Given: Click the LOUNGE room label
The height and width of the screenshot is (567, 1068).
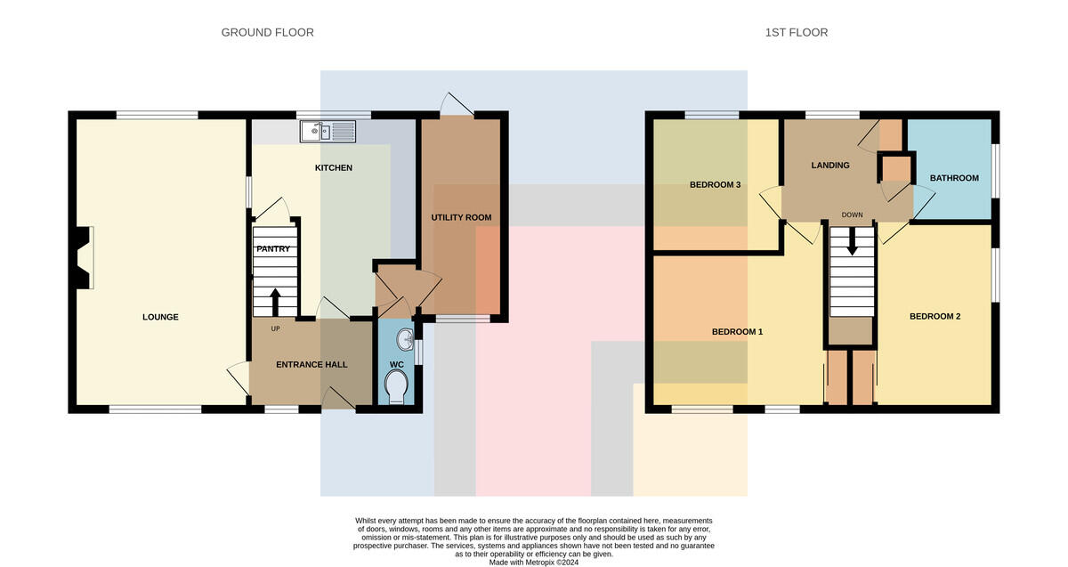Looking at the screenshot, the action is click(x=160, y=317).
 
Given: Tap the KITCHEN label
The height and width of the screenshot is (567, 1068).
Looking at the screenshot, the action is click(x=333, y=168).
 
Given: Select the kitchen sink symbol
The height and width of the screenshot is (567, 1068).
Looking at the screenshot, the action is click(x=328, y=131).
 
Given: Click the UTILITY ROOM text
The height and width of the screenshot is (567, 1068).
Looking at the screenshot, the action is click(x=461, y=217).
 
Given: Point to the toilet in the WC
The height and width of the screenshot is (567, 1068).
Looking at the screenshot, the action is click(x=396, y=387).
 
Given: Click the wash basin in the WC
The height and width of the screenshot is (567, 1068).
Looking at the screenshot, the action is click(x=405, y=339).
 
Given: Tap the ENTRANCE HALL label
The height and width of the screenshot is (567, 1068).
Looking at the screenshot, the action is click(x=311, y=365).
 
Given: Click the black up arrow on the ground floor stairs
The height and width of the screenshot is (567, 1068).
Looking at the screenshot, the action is click(x=275, y=302).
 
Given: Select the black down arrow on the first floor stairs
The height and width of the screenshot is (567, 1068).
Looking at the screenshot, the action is click(x=852, y=241).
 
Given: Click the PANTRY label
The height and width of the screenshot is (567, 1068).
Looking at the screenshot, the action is click(x=273, y=249).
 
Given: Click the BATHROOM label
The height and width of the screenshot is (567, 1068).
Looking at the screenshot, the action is click(x=954, y=178).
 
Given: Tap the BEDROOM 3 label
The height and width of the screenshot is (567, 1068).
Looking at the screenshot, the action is click(x=716, y=185).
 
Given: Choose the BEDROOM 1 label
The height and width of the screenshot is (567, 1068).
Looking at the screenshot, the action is click(x=737, y=332).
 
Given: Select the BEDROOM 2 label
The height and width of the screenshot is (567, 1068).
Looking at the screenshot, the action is click(x=935, y=317).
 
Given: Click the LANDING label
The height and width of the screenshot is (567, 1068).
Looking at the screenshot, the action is click(x=830, y=166).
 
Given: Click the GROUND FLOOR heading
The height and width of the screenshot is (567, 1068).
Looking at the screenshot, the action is click(x=268, y=32).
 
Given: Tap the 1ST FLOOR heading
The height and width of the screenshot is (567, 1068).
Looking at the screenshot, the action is click(x=797, y=32).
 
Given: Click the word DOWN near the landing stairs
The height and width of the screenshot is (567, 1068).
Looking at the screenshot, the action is click(x=852, y=215).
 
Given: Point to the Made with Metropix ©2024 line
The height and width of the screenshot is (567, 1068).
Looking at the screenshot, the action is click(x=533, y=563).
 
